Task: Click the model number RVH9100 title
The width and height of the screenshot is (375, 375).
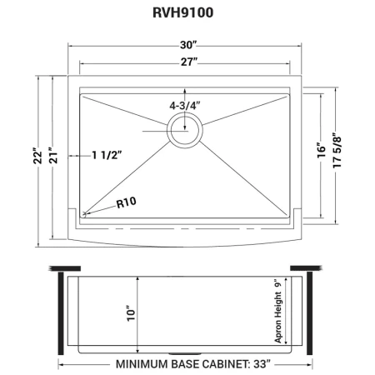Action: [x=183, y=12]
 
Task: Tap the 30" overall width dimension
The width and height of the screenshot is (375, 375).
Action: [x=188, y=45]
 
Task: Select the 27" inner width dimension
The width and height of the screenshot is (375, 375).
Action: [x=189, y=62]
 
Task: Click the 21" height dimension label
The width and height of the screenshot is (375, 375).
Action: [x=53, y=155]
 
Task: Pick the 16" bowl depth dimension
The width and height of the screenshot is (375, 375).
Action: [x=322, y=151]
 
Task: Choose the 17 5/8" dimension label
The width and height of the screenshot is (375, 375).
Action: [x=337, y=152]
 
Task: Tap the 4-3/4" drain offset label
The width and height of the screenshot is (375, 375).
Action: [x=185, y=106]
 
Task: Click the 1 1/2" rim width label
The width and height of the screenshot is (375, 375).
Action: [x=107, y=155]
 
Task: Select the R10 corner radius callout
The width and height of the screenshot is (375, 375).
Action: [x=127, y=202]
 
